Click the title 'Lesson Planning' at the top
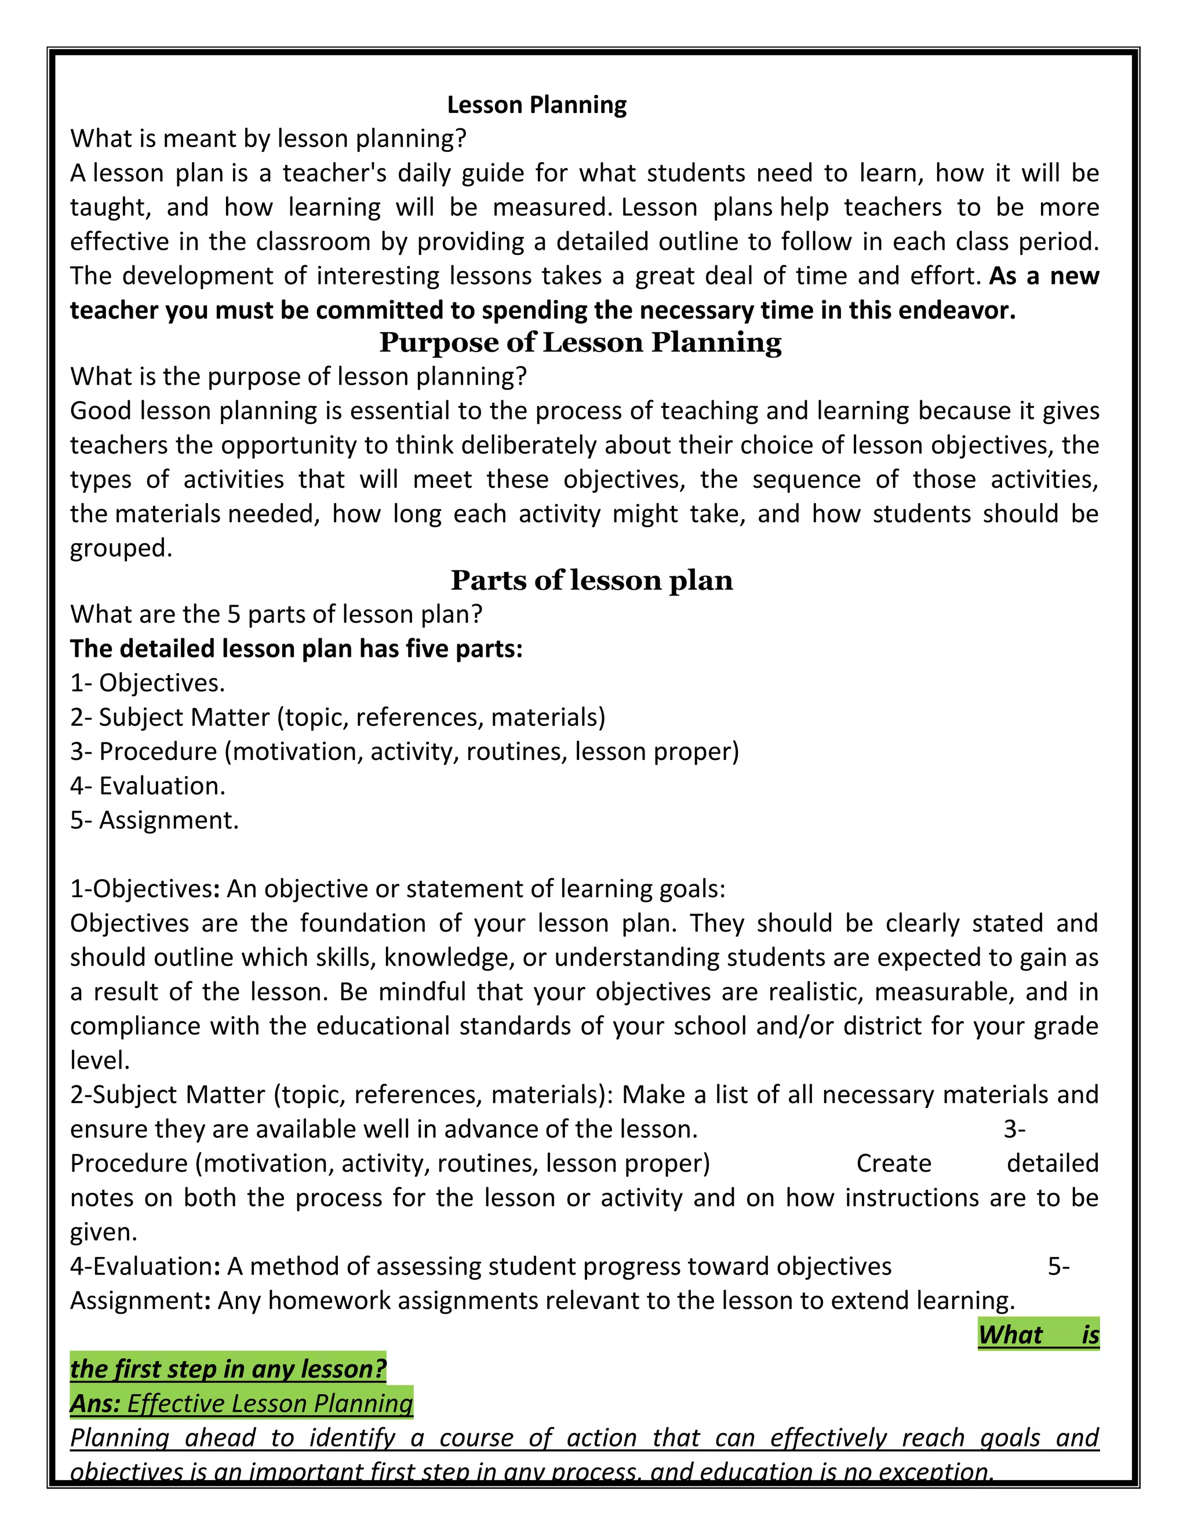point(537,105)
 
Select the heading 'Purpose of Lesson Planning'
point(580,342)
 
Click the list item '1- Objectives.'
point(148,682)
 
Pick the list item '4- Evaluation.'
point(148,786)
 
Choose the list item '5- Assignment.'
point(155,820)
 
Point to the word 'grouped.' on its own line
point(121,547)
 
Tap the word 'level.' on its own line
point(100,1060)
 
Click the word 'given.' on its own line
point(103,1231)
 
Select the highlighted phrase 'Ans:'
point(95,1404)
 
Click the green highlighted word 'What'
point(1010,1335)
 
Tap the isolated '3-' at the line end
point(1014,1129)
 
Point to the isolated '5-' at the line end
point(1058,1266)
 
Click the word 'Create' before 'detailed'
point(894,1163)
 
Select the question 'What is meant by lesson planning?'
point(268,138)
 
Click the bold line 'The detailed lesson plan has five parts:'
point(296,648)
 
